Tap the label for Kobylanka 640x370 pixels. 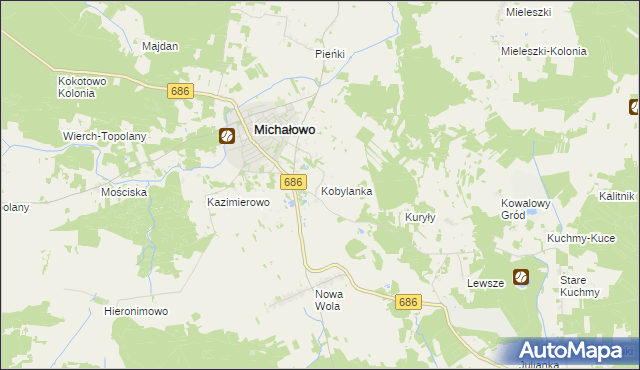click(347, 190)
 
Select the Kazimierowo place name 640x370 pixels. click(239, 202)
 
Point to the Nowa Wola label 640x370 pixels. click(328, 300)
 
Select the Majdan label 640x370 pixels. click(160, 47)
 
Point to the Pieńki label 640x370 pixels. click(330, 54)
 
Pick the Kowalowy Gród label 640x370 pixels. click(526, 209)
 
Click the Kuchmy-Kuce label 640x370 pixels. click(581, 239)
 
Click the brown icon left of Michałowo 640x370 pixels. click(227, 135)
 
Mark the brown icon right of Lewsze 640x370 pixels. click(521, 278)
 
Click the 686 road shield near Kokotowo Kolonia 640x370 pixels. click(180, 91)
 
